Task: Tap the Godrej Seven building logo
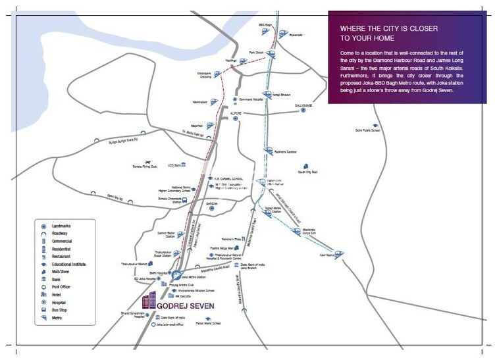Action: pos(149,300)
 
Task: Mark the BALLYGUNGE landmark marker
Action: pos(303,110)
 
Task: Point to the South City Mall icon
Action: pos(304,167)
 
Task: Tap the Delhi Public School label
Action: pos(368,130)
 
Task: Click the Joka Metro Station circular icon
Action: pos(174,273)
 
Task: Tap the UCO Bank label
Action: pos(174,165)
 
